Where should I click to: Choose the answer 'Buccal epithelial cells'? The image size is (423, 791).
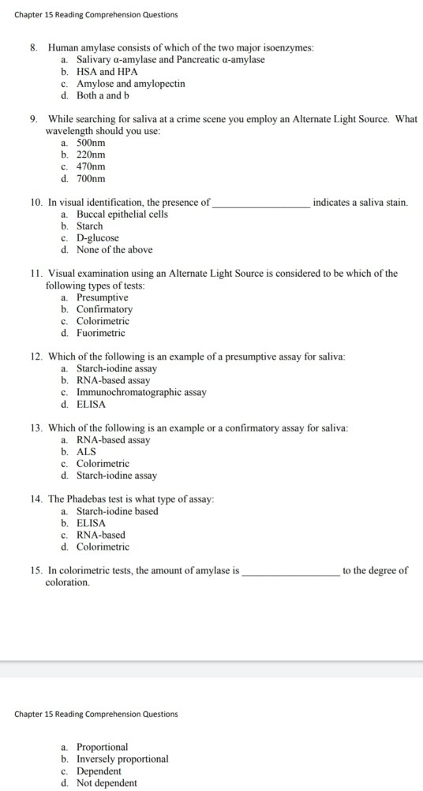[122, 215]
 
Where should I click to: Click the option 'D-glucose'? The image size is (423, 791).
[97, 238]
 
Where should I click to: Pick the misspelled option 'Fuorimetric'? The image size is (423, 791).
[100, 334]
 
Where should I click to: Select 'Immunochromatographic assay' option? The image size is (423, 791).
[141, 393]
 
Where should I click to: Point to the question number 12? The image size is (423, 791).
[36, 357]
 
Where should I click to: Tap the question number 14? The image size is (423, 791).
[36, 500]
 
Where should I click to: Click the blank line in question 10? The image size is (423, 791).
[261, 205]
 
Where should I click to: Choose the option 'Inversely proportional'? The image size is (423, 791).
[122, 759]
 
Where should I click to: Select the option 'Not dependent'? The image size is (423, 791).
[107, 783]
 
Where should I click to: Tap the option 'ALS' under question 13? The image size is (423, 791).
[86, 452]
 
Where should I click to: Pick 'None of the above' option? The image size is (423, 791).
[114, 250]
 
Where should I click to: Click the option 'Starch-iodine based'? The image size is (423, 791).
[117, 511]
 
